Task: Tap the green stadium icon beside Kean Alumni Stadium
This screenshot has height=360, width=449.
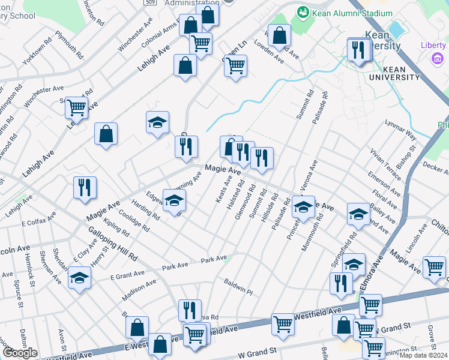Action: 303,11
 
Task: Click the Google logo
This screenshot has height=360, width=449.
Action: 19,352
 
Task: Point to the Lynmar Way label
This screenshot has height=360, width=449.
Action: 400,130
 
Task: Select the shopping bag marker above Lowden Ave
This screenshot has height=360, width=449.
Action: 279,37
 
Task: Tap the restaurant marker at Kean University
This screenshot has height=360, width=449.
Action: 358,50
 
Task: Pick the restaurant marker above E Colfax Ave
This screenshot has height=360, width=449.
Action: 85,188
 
